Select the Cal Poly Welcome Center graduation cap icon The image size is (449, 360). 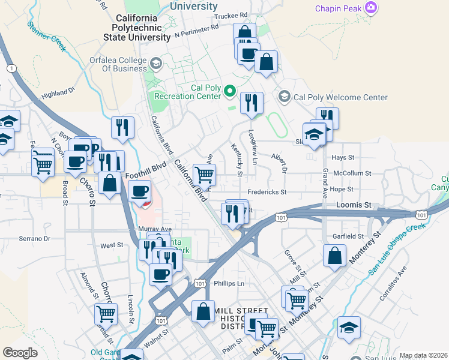pyautogui.click(x=284, y=97)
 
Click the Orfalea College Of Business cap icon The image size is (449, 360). pyautogui.click(x=155, y=63)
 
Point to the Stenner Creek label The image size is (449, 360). pyautogui.click(x=46, y=35)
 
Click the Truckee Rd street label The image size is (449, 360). pyautogui.click(x=231, y=15)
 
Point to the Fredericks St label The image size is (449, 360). pyautogui.click(x=268, y=193)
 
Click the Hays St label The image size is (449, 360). pyautogui.click(x=344, y=157)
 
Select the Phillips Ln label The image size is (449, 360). pyautogui.click(x=229, y=283)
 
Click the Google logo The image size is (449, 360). pyautogui.click(x=20, y=352)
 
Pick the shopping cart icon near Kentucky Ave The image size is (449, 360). pyautogui.click(x=204, y=175)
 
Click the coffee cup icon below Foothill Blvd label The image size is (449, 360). pyautogui.click(x=140, y=191)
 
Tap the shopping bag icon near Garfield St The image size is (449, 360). pyautogui.click(x=334, y=256)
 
